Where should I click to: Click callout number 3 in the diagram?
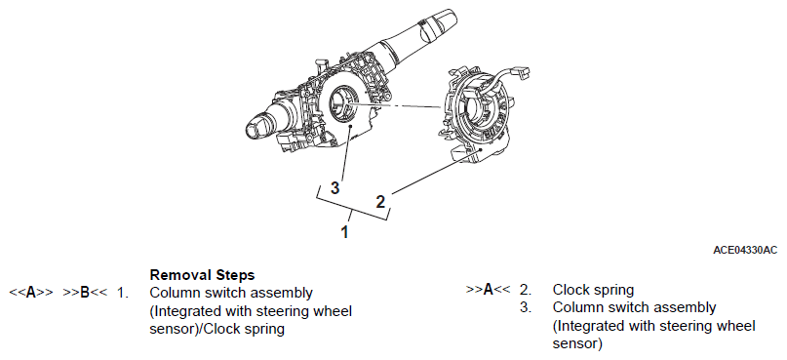(334, 187)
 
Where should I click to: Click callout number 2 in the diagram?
(380, 202)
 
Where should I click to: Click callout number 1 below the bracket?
(345, 232)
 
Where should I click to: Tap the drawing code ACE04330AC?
(745, 250)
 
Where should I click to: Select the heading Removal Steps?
(202, 275)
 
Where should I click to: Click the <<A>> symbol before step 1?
(31, 293)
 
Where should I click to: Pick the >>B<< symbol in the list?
(85, 293)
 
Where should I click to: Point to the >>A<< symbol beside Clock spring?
(488, 290)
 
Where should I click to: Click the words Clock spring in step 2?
(593, 290)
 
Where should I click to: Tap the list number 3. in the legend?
(526, 307)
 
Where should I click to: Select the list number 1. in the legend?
(123, 293)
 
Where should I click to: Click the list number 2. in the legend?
(526, 290)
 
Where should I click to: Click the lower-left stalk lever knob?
(259, 126)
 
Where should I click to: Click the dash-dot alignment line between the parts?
(395, 104)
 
